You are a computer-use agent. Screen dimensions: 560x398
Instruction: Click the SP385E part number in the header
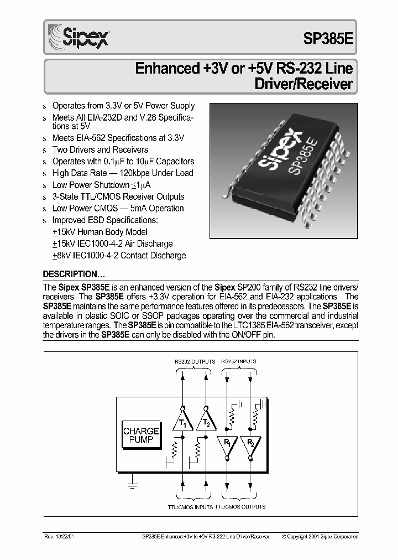point(328,38)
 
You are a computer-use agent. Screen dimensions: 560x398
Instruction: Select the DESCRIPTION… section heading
point(74,274)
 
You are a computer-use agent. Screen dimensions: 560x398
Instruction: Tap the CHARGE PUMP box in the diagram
point(141,434)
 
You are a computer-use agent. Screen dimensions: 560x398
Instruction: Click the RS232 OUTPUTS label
point(195,361)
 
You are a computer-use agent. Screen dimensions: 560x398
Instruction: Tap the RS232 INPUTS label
point(239,361)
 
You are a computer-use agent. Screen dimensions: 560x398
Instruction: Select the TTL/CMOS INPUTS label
point(190,507)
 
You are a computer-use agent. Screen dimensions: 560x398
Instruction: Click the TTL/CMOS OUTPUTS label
point(240,507)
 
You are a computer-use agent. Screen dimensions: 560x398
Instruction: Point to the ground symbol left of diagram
point(132,485)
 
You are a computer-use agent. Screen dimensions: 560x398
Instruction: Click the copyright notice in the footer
point(320,536)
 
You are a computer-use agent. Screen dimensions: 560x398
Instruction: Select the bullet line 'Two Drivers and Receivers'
point(100,149)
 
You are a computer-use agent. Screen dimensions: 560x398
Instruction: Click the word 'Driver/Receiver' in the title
point(303,85)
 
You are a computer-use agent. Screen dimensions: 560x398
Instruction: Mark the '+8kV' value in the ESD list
point(61,256)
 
